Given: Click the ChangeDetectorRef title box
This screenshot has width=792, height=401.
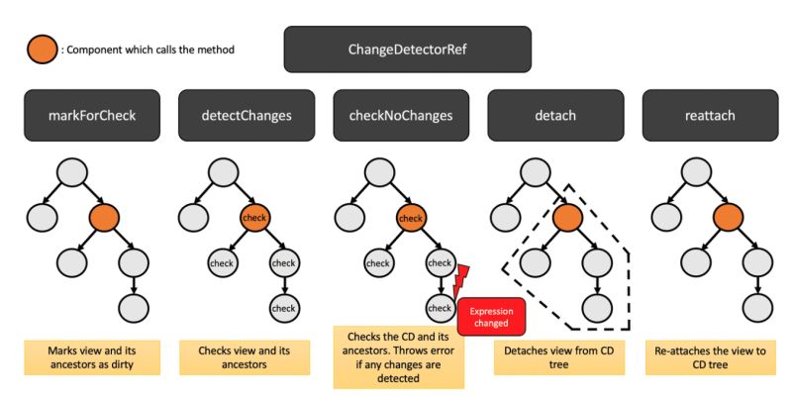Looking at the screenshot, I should (x=408, y=49).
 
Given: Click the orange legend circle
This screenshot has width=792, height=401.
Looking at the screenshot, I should (x=40, y=49).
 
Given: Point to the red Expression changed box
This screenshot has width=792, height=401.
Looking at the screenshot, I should (x=489, y=317).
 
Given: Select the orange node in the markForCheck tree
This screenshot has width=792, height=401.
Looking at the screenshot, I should (x=104, y=217).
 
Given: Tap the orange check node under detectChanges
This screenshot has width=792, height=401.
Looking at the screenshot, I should (x=255, y=217).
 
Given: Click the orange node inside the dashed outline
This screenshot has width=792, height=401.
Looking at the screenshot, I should (x=568, y=217).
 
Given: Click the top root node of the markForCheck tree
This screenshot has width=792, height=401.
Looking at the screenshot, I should (x=71, y=173).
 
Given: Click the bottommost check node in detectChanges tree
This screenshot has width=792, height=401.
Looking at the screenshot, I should (x=284, y=308).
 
